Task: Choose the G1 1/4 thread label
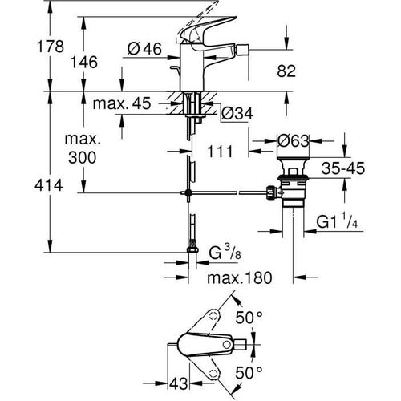point(338,220)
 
